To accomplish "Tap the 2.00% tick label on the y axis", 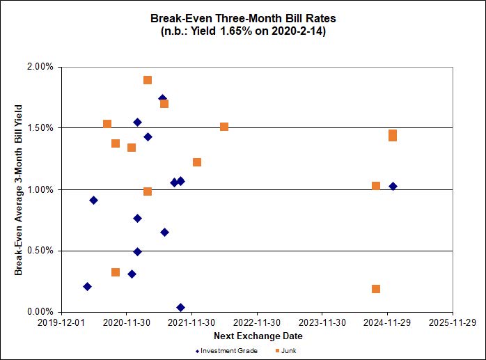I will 40,68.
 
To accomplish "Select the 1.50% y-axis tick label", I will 40,128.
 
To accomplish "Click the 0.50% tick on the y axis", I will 40,251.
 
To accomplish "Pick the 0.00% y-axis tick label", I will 40,312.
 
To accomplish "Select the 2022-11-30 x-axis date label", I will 257,323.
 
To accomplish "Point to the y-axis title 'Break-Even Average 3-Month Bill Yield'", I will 19,189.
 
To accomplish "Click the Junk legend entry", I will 285,350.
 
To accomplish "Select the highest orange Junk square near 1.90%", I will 148,80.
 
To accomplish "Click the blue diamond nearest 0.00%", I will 180,307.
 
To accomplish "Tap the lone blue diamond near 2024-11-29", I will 393,186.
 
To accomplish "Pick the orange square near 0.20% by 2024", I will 376,289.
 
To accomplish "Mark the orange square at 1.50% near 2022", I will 224,127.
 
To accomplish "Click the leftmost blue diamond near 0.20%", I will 87,286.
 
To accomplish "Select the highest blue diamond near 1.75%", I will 162,99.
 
